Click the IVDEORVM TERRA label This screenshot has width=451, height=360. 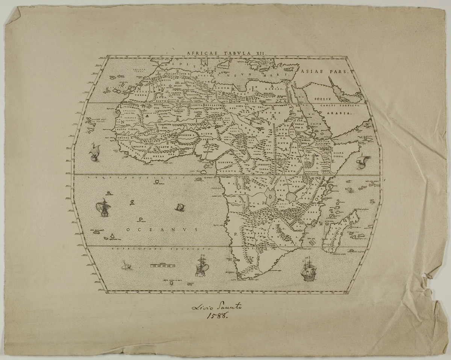(x=266, y=167)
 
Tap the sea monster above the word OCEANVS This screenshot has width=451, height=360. (x=180, y=207)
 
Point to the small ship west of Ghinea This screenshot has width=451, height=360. (x=94, y=152)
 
